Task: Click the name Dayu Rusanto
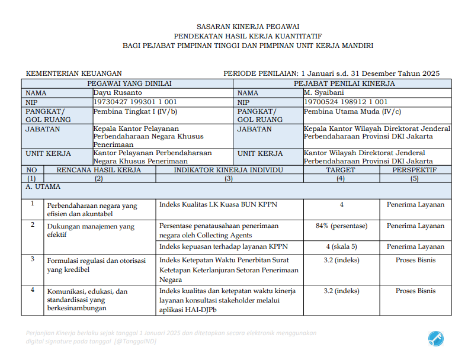tap(118, 93)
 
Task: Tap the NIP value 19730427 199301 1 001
tap(135, 102)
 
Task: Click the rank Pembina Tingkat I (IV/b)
tap(135, 111)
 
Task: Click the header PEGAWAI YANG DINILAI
tap(129, 84)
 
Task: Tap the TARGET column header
tap(340, 170)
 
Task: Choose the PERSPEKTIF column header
tap(414, 170)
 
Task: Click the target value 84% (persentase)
tap(341, 226)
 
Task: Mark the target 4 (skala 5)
tap(341, 246)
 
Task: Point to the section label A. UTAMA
tap(43, 187)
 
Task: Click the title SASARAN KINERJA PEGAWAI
tap(248, 26)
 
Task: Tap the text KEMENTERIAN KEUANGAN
tap(74, 73)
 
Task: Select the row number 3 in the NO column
tap(32, 259)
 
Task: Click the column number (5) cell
tap(414, 178)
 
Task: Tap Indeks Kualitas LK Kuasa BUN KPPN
tap(218, 205)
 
